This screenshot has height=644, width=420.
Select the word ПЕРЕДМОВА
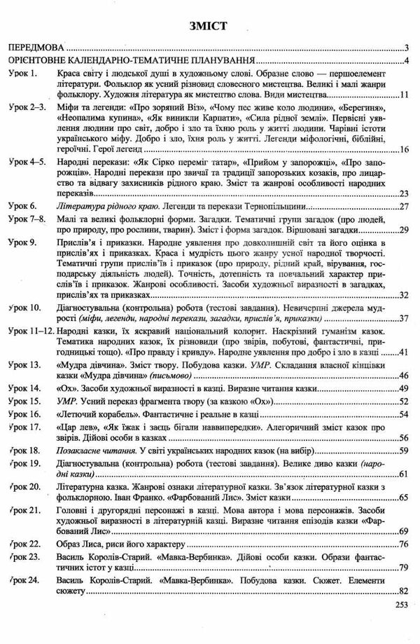tap(36, 48)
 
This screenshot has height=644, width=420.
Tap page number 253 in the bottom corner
tap(402, 608)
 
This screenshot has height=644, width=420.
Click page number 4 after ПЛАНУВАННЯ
tap(407, 60)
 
